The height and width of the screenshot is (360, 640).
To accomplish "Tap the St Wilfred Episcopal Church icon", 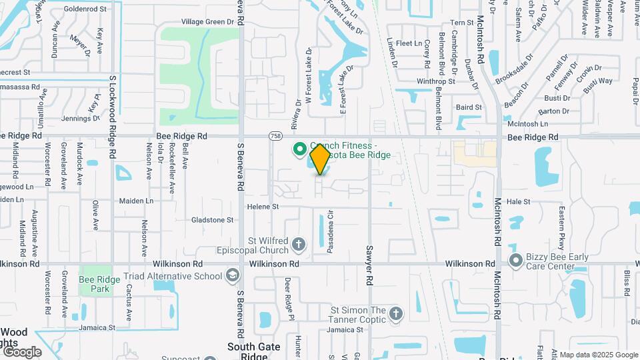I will [x=299, y=244].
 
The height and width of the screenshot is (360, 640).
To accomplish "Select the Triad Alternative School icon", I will [x=232, y=275].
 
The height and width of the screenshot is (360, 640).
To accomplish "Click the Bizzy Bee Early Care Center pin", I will [x=515, y=260].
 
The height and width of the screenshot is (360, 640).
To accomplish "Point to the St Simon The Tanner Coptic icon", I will [x=396, y=314].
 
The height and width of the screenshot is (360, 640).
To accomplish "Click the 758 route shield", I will [x=275, y=136].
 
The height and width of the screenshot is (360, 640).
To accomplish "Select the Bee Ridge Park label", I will [x=99, y=284].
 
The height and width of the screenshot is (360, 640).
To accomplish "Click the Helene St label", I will [x=263, y=207].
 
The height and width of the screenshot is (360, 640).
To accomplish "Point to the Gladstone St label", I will [x=213, y=219].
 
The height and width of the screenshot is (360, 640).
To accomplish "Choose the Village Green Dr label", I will [x=209, y=22].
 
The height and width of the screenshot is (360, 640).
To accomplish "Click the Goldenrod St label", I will [x=86, y=9].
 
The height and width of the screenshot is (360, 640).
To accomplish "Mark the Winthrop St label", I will [x=435, y=81].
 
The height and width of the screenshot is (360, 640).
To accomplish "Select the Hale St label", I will [x=518, y=201].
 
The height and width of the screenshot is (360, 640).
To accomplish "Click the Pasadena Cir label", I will [x=329, y=231].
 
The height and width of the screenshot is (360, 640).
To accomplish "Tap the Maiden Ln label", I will [x=136, y=201].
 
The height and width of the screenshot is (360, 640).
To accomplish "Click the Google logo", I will [x=21, y=351].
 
